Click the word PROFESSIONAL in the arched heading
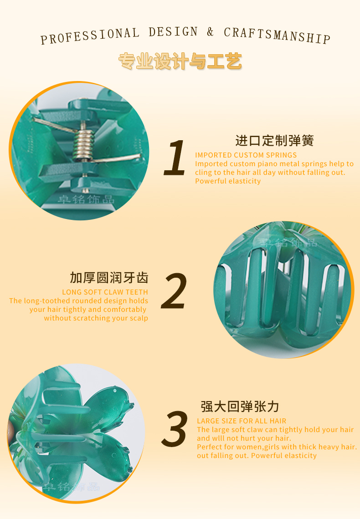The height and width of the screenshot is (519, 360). [90, 36]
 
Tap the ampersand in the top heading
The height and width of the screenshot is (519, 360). [210, 32]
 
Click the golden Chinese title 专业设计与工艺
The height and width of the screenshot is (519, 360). [180, 61]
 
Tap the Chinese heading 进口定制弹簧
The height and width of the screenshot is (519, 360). [274, 141]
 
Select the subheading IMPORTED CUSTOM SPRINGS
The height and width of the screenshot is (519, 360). [246, 155]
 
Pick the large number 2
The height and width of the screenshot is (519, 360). [174, 291]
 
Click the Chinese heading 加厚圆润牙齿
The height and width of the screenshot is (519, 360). [109, 278]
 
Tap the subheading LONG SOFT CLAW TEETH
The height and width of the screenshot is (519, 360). [105, 292]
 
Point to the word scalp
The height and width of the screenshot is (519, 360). [139, 318]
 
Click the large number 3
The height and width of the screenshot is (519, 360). [175, 429]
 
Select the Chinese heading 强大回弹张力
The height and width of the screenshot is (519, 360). [240, 407]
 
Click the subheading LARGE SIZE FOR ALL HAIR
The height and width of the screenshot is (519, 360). [242, 421]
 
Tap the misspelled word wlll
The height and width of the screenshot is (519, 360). [218, 438]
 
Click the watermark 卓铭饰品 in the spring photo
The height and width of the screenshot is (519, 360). [87, 199]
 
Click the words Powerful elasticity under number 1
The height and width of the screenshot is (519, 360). [228, 181]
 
